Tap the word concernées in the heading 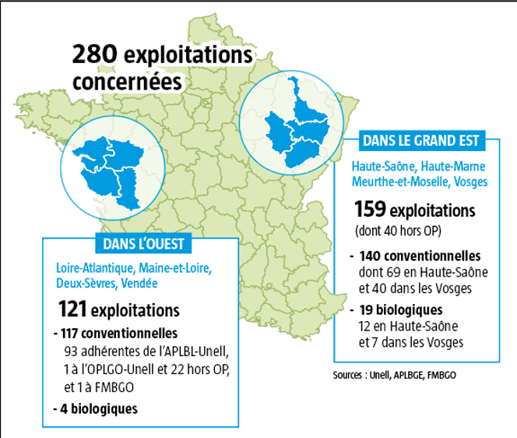(126, 82)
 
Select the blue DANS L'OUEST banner (144, 244)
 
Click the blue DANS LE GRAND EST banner (420, 142)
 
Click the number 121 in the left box (72, 309)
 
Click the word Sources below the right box (349, 374)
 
